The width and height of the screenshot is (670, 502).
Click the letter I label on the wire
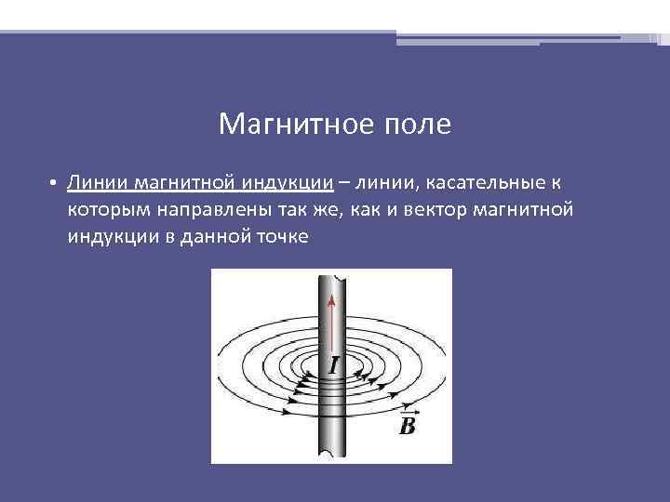point(333,366)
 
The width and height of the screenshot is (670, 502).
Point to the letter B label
point(407,427)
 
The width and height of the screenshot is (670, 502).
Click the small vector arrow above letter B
point(407,410)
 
